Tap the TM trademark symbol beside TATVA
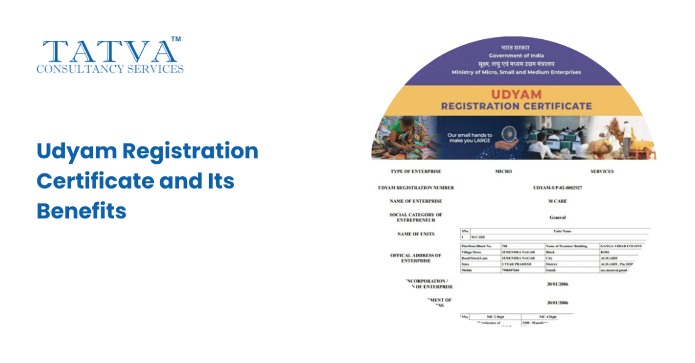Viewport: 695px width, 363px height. (176, 39)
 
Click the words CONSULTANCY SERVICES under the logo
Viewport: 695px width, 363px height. (110, 69)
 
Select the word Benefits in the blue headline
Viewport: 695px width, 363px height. (81, 211)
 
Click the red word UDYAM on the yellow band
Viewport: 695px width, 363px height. (516, 94)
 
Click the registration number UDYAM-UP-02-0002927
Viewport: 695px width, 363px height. (557, 187)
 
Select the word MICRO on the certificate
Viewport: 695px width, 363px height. (503, 171)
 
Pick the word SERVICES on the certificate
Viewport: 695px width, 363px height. (601, 171)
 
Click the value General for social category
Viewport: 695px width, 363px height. (557, 218)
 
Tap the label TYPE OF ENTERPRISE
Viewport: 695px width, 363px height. (416, 171)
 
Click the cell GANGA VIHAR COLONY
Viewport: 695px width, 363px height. (621, 246)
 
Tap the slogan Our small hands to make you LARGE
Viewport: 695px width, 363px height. (469, 138)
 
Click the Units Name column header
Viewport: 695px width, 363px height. (561, 231)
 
